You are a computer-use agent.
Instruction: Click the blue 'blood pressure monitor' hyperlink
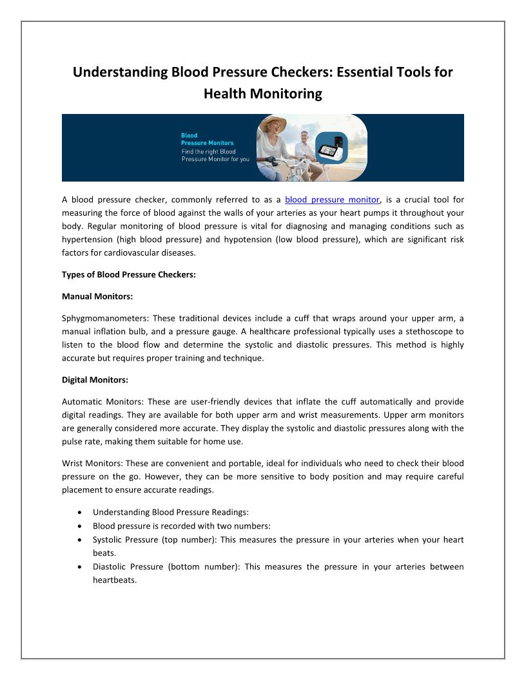point(332,200)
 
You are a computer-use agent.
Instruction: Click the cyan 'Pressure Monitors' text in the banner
point(208,143)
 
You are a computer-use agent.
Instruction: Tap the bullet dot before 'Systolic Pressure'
point(79,540)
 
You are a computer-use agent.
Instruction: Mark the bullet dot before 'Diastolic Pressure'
point(79,567)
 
